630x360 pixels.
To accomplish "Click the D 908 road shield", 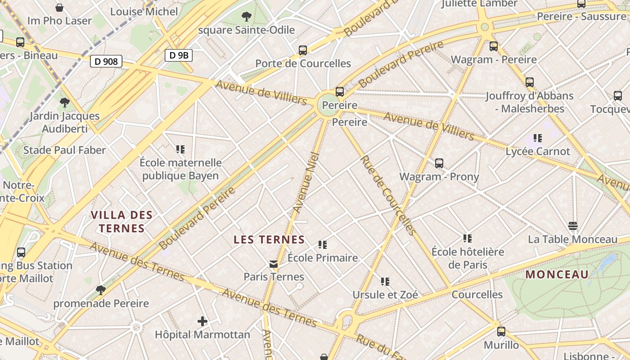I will tap(107, 61).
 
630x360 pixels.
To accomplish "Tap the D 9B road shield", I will tap(179, 55).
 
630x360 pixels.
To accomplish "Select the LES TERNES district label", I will tap(269, 240).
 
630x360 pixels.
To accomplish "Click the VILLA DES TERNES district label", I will tap(122, 221).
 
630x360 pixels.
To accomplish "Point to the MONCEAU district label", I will tap(557, 274).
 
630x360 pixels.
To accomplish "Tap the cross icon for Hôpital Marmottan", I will tap(202, 321).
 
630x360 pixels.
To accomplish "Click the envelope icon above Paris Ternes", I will tap(273, 264).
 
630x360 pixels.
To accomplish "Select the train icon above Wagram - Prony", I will tap(439, 163).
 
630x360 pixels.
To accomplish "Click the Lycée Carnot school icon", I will tap(538, 138).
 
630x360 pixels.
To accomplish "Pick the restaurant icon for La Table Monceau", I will tap(572, 225).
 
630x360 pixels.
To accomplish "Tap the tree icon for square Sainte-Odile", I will tap(246, 17).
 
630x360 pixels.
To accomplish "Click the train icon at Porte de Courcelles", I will tap(303, 50).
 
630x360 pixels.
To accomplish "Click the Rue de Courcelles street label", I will tap(387, 195).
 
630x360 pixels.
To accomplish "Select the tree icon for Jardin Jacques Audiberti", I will tap(65, 103).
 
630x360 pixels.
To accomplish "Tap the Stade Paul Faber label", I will tap(64, 150).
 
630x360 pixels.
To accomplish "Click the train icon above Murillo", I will tap(501, 332).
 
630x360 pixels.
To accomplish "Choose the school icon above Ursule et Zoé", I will tap(385, 282).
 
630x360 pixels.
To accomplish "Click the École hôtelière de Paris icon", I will tap(468, 238).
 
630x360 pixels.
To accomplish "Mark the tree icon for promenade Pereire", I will tap(101, 290).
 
